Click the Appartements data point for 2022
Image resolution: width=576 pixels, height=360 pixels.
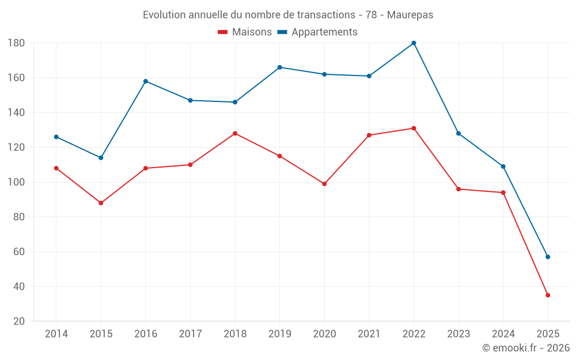[414, 43]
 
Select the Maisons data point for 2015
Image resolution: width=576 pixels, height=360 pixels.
[101, 203]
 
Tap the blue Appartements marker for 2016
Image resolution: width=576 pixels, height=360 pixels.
[146, 81]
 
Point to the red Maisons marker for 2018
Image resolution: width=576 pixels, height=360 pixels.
[235, 134]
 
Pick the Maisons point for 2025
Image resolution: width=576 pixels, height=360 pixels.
[548, 295]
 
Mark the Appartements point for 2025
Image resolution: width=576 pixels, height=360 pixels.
[548, 257]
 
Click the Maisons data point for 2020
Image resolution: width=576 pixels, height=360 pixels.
[324, 184]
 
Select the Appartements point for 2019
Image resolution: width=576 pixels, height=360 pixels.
[279, 67]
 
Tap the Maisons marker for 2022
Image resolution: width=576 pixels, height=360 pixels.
[414, 128]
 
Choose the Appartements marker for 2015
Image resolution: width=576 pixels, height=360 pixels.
[101, 158]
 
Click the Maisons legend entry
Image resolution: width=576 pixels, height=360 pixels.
[245, 32]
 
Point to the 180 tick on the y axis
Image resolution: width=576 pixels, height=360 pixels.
[16, 43]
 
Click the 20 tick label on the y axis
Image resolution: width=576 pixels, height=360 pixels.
[18, 321]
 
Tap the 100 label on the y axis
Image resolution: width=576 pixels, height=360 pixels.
[16, 182]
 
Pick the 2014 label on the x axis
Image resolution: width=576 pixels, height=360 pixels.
[56, 334]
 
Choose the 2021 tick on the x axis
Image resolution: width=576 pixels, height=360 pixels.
[369, 334]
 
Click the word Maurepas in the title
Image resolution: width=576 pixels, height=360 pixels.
[410, 15]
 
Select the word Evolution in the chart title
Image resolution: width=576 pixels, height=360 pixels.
[164, 15]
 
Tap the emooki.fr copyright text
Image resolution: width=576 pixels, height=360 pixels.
[525, 347]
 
